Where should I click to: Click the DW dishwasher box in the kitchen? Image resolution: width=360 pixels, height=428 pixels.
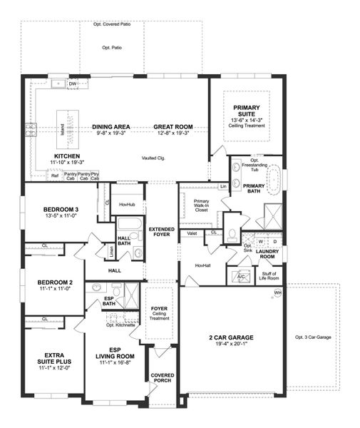coord(73,84)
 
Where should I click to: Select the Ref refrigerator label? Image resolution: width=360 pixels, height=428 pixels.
coord(54,175)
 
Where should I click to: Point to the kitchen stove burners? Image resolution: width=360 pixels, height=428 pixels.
coord(30,129)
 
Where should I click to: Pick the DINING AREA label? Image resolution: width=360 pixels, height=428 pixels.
coord(111,127)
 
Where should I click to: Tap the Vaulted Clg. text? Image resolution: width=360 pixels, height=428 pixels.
coord(154,157)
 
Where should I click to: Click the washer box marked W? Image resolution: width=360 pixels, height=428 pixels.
coord(261,241)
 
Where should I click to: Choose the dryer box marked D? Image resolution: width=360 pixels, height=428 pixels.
coord(275,241)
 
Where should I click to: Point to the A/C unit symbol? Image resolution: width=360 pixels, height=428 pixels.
coord(240,275)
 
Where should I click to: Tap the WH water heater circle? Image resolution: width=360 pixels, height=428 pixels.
coord(277,292)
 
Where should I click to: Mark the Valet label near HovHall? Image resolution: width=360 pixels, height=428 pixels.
coord(192,233)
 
